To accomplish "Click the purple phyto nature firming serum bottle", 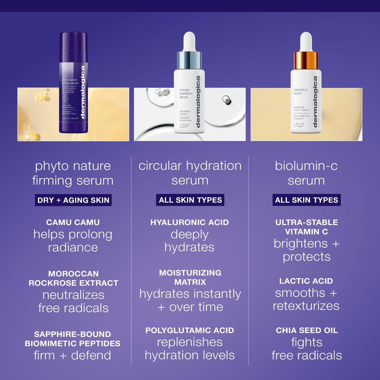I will pos(73,83).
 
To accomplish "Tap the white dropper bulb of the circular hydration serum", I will pos(189,41).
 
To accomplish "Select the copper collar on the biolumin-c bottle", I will pos(306,60).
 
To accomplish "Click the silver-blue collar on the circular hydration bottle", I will pos(189,60).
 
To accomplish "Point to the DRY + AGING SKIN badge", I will pos(73,200).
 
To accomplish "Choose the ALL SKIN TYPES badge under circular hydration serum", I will pos(190,200).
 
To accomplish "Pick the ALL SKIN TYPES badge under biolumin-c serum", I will pos(306,200).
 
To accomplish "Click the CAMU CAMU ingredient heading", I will pos(73,222).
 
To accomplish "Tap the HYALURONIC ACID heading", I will pos(190,222).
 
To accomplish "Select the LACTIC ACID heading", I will pos(306,281).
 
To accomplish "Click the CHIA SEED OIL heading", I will pos(307,331).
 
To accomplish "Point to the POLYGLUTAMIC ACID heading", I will pos(190,331).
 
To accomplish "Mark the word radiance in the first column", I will pos(73,248).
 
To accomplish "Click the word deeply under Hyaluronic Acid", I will pos(190,235).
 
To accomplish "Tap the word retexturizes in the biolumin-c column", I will pos(306,306).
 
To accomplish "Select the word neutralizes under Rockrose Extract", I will pos(73,295).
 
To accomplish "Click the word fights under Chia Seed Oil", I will pos(307,342).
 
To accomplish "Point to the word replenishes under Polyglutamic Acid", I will pos(190,342).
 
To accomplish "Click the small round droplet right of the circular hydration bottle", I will pos(227,100).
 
